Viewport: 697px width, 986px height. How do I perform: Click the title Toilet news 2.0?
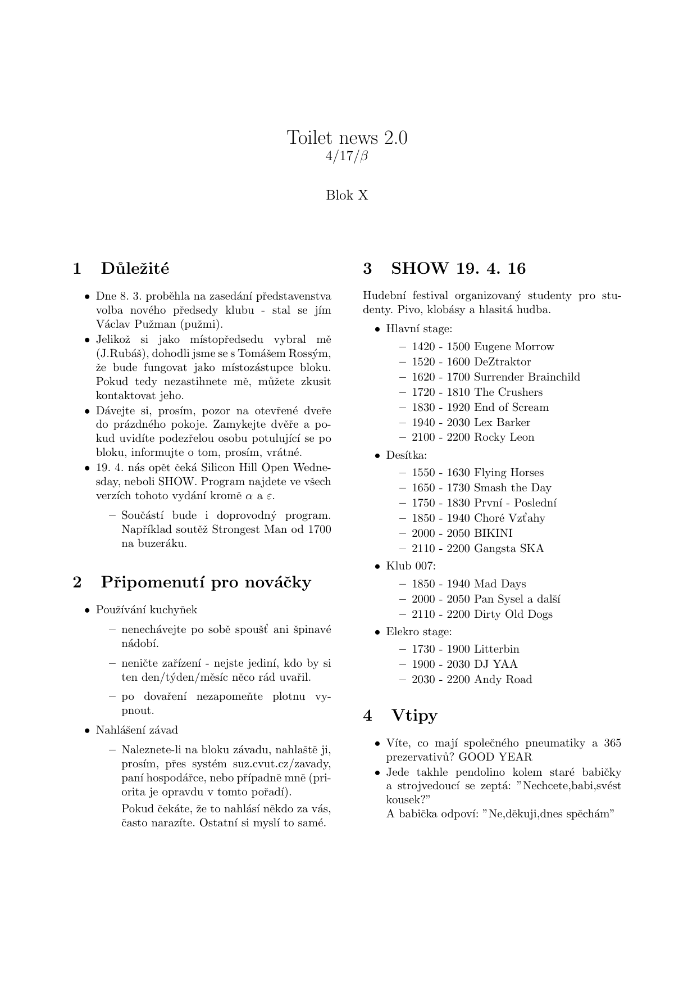347,137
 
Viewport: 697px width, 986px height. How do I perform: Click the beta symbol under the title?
363,156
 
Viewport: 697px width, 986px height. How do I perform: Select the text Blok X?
347,196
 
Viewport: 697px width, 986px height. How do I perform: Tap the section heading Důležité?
135,269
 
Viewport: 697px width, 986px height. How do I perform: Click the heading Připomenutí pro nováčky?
206,582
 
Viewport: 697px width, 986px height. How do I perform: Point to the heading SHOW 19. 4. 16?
458,269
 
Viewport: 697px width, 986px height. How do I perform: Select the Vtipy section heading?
414,715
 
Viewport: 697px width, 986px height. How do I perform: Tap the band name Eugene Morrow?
514,347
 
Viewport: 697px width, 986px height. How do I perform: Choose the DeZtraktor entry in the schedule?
502,362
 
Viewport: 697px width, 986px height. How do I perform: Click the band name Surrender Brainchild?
527,377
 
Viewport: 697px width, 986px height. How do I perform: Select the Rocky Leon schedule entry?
504,437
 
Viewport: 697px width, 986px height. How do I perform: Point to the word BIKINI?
493,533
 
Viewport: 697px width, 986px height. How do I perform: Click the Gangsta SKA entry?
509,549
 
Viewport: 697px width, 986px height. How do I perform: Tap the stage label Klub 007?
411,566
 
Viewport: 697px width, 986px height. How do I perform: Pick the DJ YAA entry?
496,664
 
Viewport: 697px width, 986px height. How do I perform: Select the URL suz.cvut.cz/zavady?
282,765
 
